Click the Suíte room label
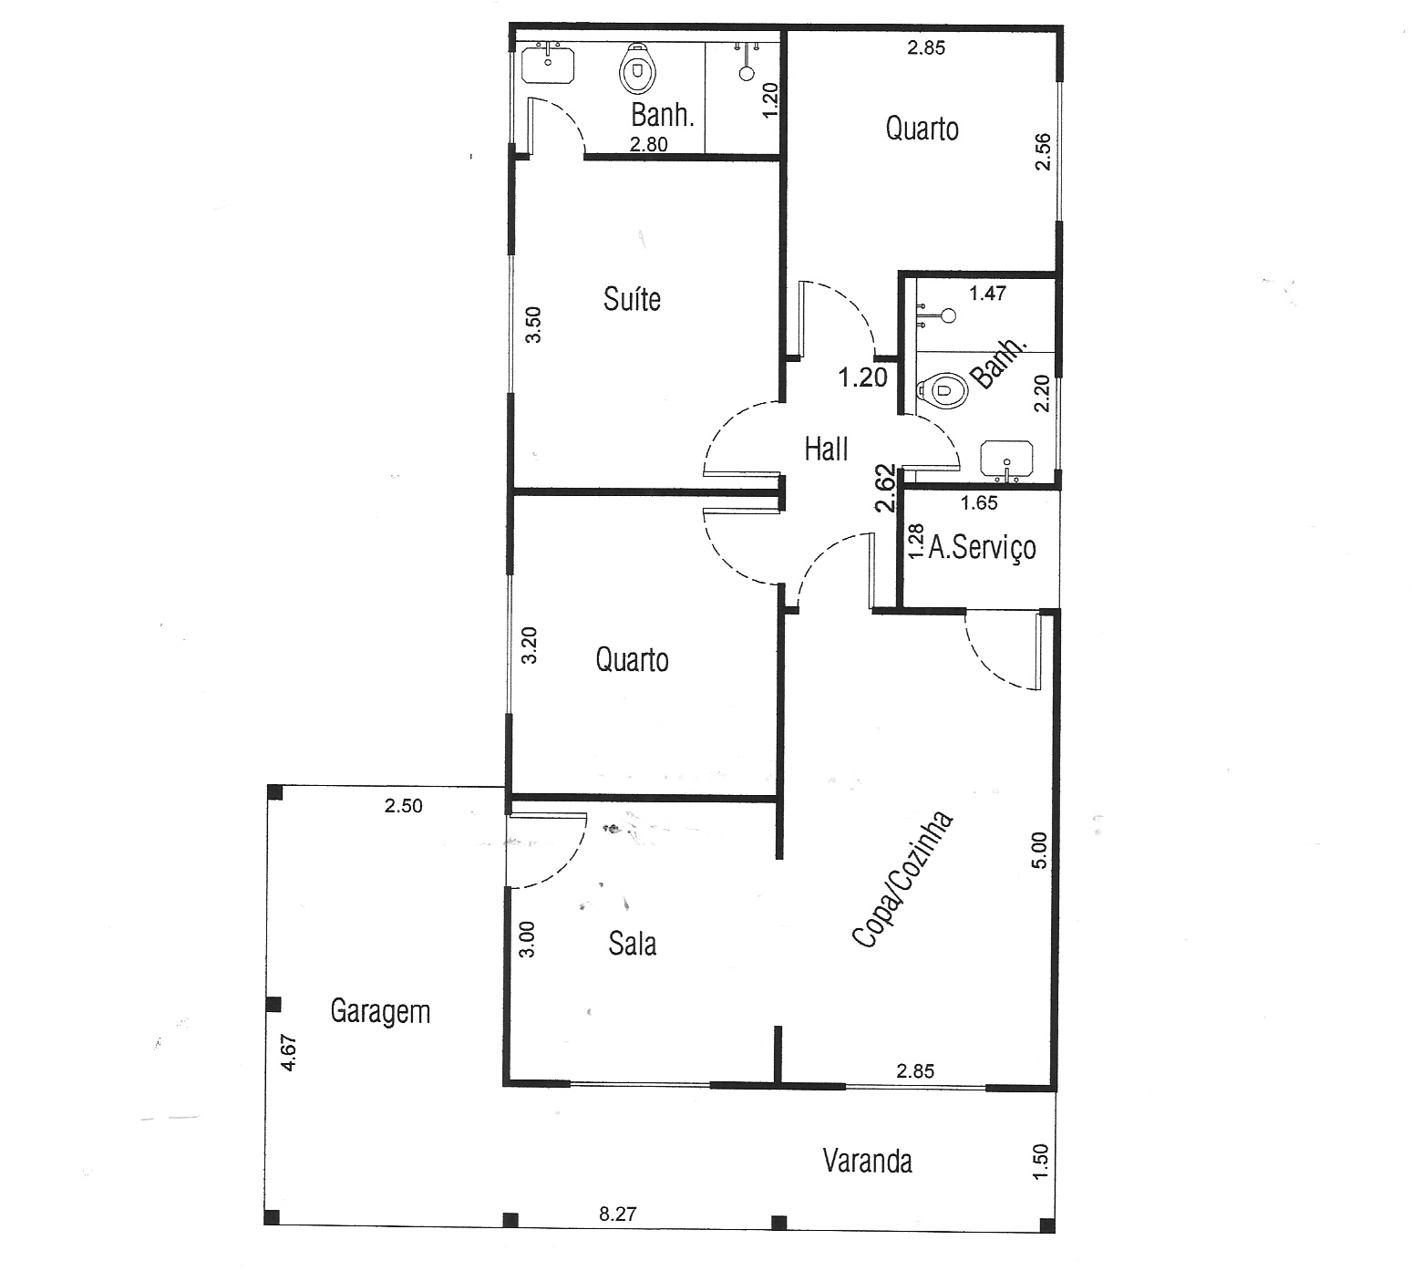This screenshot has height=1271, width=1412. tap(632, 299)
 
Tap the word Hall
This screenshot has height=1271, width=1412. tap(826, 449)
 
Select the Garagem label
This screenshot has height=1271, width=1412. tap(380, 1012)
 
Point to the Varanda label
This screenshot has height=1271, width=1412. tap(867, 1161)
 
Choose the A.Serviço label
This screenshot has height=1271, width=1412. tap(982, 547)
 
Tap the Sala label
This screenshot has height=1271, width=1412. tap(633, 944)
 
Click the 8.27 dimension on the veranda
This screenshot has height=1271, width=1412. tap(617, 1214)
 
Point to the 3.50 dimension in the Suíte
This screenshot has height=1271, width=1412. tap(534, 324)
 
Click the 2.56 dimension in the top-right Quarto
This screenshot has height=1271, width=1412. tap(1044, 151)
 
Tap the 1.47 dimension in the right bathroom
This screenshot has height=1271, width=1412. tap(987, 293)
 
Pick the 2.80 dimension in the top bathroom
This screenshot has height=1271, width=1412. tap(649, 143)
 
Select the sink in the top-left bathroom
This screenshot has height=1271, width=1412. tap(548, 63)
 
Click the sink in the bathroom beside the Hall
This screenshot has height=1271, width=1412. tap(1006, 460)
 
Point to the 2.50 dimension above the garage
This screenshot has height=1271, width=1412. tap(403, 806)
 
